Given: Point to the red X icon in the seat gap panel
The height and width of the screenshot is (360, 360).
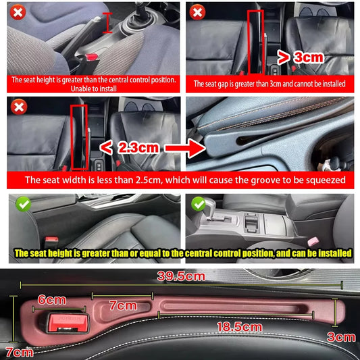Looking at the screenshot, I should [197, 11].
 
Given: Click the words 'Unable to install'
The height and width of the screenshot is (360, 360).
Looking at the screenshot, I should [94, 88].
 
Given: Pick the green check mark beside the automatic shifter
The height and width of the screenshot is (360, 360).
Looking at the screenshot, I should [198, 204].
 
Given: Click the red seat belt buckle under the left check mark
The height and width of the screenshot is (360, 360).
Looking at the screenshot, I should [52, 239].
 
